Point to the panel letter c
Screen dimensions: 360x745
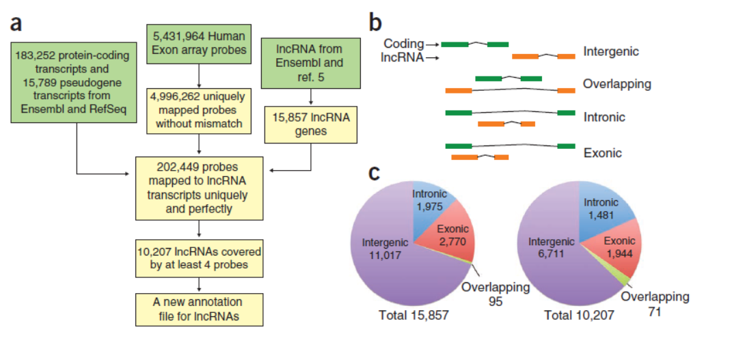click(x=375, y=172)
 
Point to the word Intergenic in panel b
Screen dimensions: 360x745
click(x=611, y=51)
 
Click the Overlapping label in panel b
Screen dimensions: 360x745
click(x=617, y=84)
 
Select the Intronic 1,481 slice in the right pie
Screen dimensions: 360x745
click(x=602, y=208)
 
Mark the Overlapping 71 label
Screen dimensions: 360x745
click(x=654, y=304)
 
